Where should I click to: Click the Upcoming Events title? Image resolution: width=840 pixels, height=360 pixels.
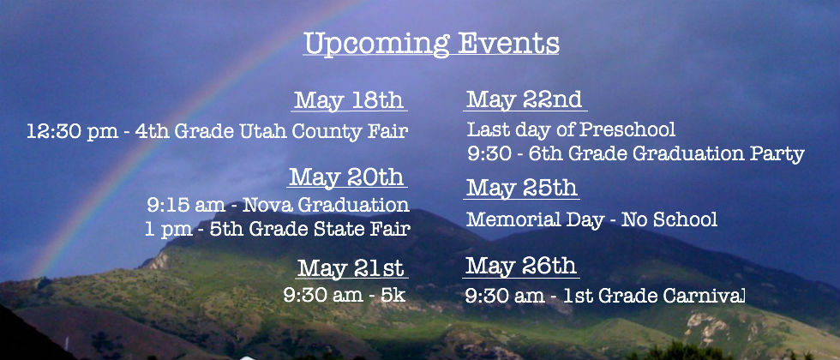[x=431, y=44]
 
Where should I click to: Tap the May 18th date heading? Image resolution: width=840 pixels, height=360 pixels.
[x=349, y=100]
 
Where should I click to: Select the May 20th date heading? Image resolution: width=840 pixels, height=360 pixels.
[x=346, y=177]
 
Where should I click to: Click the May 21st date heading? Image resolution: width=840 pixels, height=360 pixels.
[x=351, y=267]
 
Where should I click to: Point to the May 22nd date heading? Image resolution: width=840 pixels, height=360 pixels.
[x=524, y=99]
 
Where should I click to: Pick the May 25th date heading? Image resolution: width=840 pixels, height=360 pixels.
[x=522, y=188]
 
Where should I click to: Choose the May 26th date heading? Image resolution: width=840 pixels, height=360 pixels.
[x=521, y=266]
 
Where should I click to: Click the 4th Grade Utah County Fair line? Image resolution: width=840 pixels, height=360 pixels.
[x=218, y=131]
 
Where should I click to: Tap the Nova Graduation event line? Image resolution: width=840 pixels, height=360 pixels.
[x=278, y=205]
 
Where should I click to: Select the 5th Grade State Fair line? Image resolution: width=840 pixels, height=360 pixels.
[x=278, y=230]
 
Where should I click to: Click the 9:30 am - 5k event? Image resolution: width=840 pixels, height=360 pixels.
[x=345, y=295]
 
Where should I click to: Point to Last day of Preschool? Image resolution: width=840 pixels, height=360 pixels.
[x=571, y=129]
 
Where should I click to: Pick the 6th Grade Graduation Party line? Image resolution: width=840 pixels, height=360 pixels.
[x=636, y=154]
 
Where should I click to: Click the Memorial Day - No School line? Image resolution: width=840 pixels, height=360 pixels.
[x=592, y=219]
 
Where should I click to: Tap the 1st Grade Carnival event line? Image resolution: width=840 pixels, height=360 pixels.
[x=605, y=296]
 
